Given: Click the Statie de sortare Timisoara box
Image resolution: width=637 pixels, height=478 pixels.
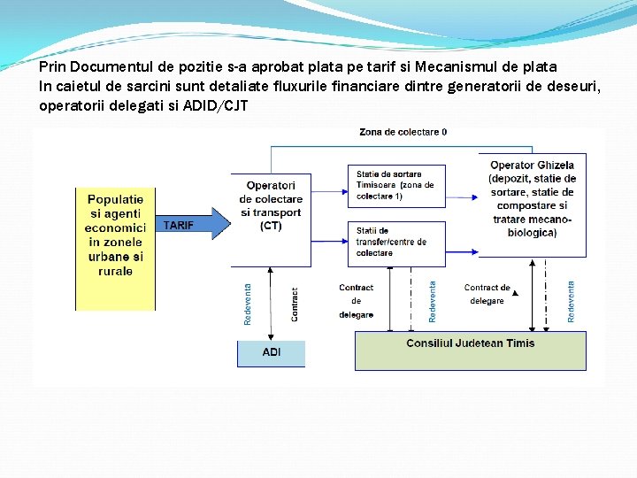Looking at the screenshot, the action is [x=395, y=185].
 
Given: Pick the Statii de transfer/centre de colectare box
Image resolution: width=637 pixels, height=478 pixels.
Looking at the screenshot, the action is [x=395, y=242].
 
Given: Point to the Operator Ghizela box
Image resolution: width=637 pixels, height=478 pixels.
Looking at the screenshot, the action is [x=531, y=199].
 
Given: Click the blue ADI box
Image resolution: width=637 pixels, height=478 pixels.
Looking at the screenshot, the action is [x=271, y=352].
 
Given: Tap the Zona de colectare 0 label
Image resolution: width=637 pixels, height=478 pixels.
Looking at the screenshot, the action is [x=403, y=132].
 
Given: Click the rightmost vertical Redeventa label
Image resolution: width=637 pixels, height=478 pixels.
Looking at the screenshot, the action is [x=572, y=301].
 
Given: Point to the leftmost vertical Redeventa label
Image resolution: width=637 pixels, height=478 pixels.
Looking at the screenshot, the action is [x=248, y=303].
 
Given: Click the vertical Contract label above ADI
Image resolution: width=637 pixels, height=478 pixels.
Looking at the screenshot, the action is [x=295, y=304].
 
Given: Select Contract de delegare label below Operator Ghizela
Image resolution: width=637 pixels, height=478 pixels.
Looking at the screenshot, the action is [x=487, y=294].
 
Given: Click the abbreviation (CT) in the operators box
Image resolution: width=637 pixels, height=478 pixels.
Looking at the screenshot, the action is [x=271, y=226].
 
